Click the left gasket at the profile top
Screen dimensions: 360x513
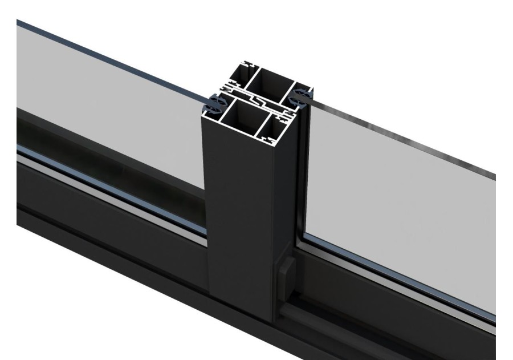(215, 104)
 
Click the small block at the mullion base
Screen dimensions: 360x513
(287, 270)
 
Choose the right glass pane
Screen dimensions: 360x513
(399, 205)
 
